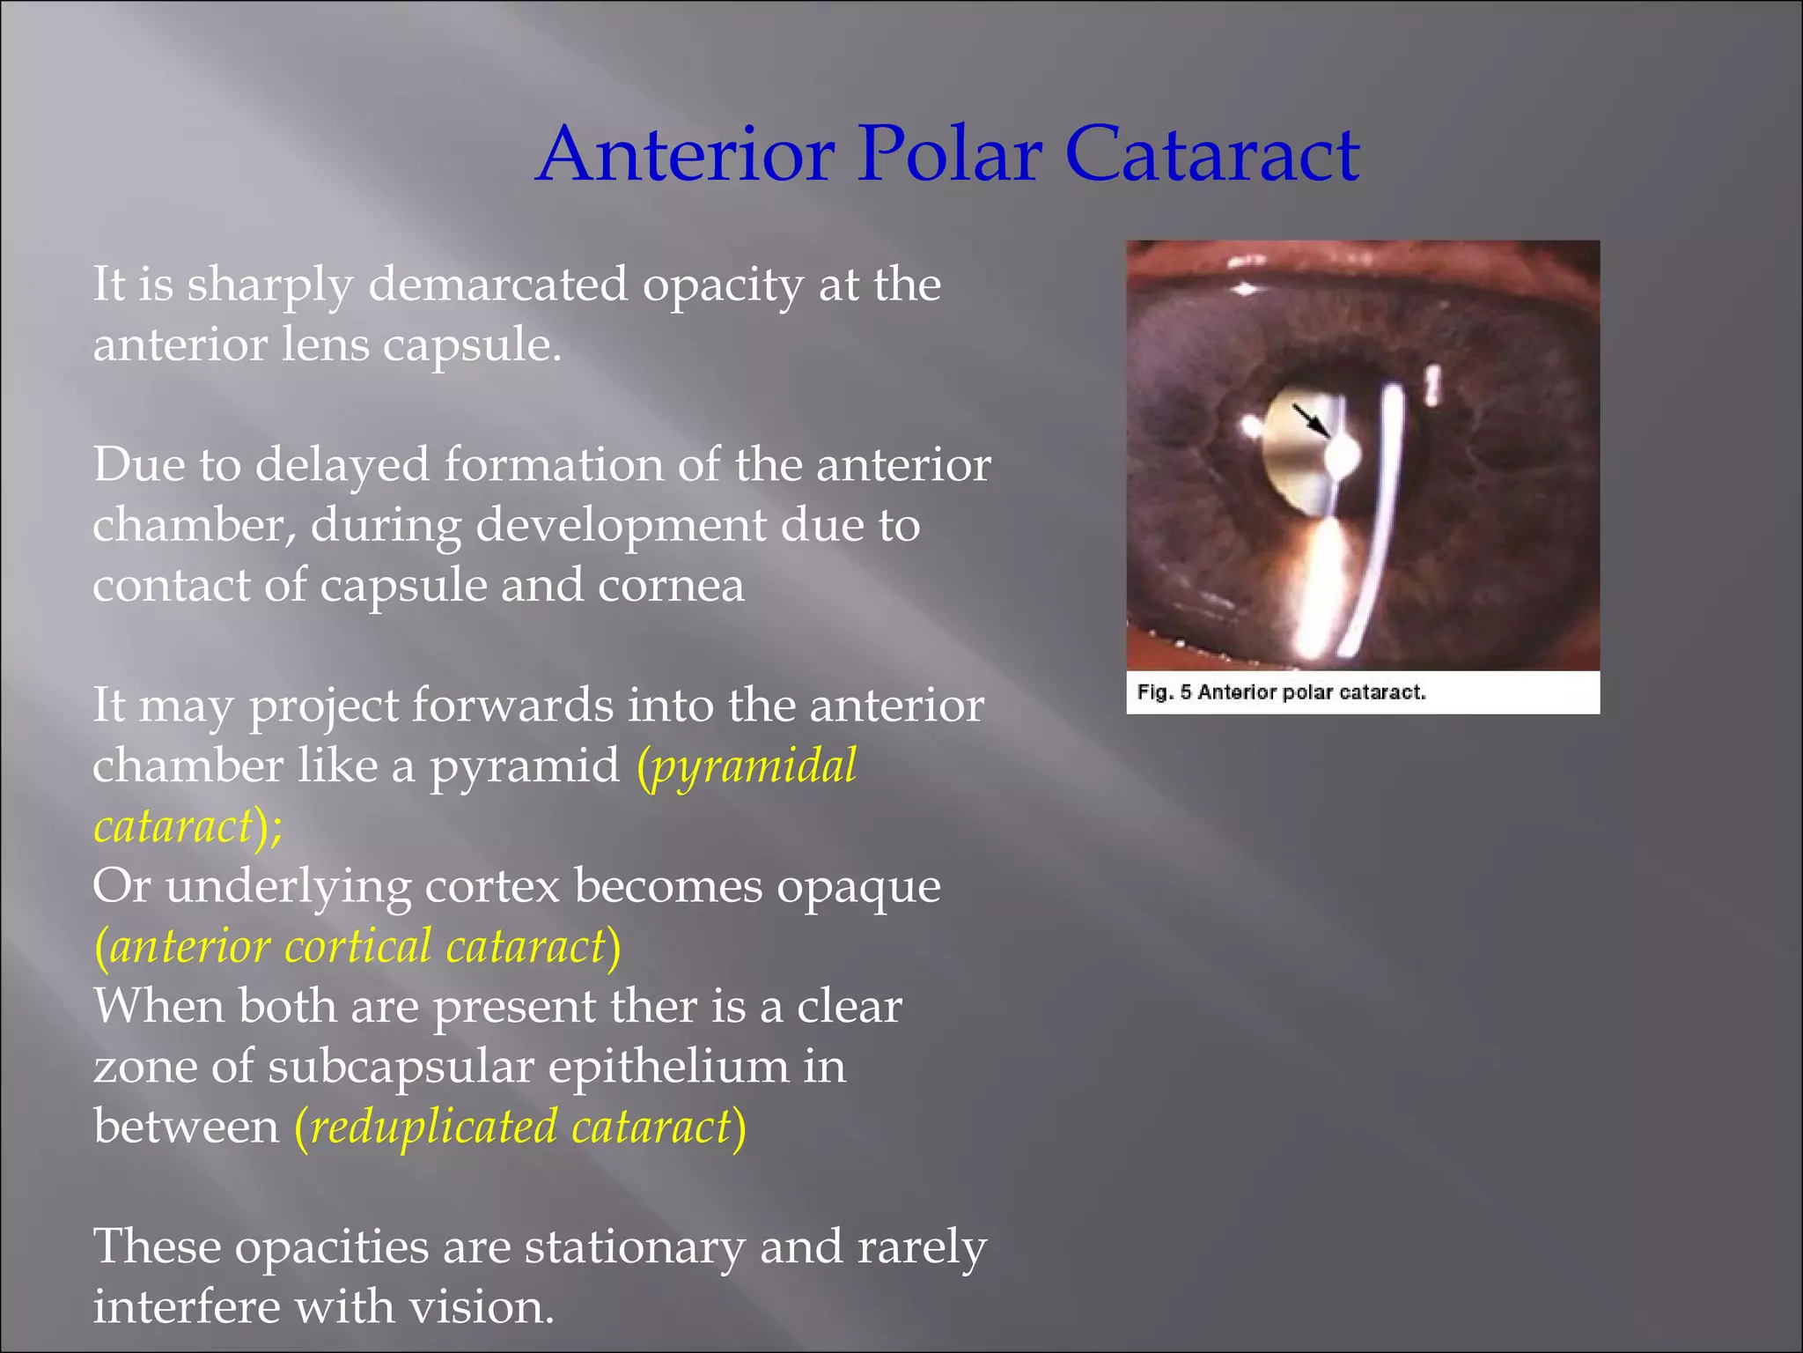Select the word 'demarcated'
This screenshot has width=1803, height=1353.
point(497,285)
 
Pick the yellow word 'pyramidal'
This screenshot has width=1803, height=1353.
point(754,766)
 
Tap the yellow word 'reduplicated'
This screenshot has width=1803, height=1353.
point(434,1127)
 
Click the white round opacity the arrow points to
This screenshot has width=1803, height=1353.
point(1343,456)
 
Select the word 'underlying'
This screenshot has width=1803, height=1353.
point(287,888)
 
